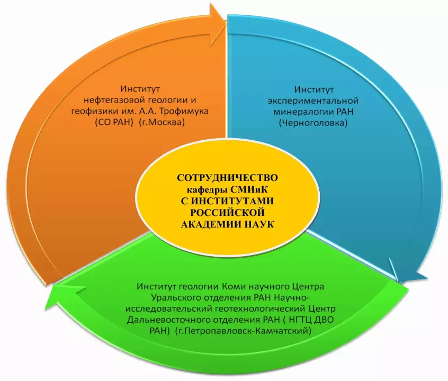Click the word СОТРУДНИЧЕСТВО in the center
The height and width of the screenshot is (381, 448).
click(227, 178)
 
